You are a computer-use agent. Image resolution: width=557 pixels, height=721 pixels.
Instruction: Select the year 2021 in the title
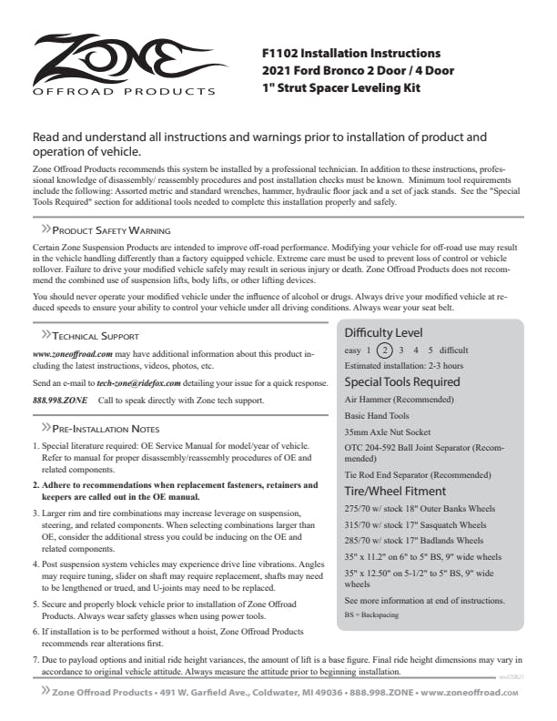(278, 71)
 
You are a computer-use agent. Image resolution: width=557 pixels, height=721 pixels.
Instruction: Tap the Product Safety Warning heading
(111, 231)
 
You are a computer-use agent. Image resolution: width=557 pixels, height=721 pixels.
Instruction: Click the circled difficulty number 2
(385, 350)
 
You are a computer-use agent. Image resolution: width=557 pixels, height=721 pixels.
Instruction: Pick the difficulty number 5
(430, 350)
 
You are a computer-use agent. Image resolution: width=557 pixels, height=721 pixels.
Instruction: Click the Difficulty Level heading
(383, 332)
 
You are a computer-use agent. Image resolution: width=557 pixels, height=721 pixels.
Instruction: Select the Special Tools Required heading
(402, 381)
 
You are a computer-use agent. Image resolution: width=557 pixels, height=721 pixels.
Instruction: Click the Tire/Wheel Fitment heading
(393, 489)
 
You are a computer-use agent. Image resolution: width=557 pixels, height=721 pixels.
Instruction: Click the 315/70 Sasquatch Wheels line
(415, 524)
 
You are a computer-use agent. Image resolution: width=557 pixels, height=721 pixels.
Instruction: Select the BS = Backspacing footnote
(371, 616)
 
